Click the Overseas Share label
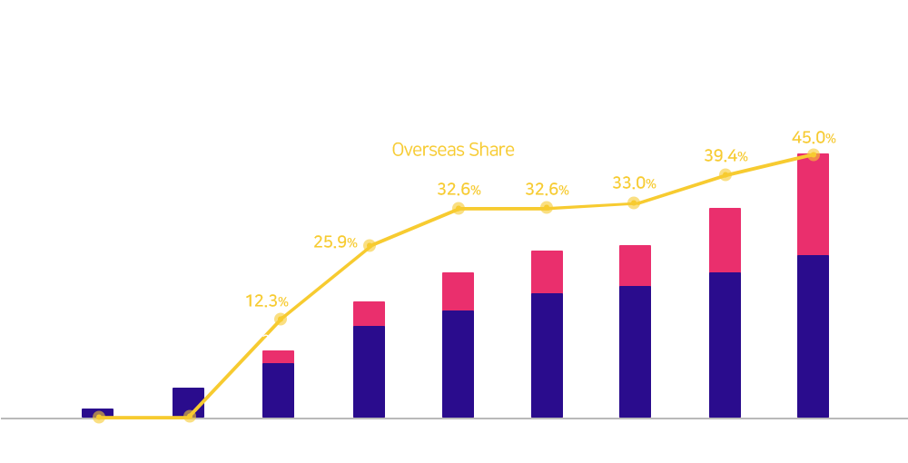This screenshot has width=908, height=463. (x=453, y=150)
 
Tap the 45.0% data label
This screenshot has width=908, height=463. (x=814, y=138)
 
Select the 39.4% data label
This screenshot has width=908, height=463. (x=725, y=155)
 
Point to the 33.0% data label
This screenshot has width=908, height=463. (x=634, y=183)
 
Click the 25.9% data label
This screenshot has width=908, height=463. (x=335, y=241)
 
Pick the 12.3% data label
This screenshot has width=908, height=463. (x=267, y=301)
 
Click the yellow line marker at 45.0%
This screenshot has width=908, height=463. (x=813, y=154)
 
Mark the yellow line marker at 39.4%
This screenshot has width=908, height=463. (x=725, y=175)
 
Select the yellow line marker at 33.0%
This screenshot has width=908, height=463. (x=634, y=203)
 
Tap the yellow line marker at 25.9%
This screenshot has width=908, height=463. (x=370, y=246)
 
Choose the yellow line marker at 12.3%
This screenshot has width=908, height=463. (x=281, y=319)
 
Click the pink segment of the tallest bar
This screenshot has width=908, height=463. (x=813, y=204)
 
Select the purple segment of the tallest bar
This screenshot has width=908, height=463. (x=813, y=336)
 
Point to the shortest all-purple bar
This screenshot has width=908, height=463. (x=97, y=413)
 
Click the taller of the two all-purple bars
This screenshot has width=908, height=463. (x=188, y=402)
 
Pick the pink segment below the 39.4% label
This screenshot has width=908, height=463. (x=725, y=241)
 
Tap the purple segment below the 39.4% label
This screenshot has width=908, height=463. (x=725, y=345)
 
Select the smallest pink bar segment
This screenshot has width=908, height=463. (x=278, y=357)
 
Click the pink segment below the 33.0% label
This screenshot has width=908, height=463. (x=635, y=266)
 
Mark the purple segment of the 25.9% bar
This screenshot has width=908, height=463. (x=369, y=371)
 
